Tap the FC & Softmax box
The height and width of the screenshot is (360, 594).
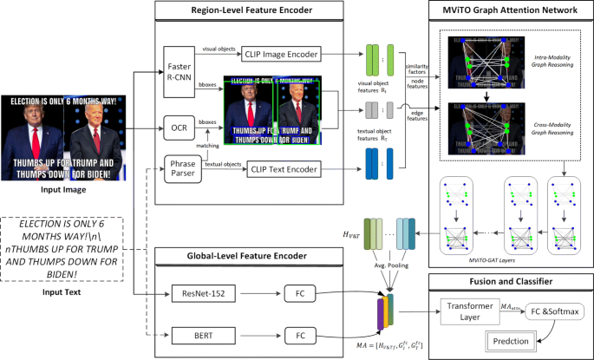(554, 311)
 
